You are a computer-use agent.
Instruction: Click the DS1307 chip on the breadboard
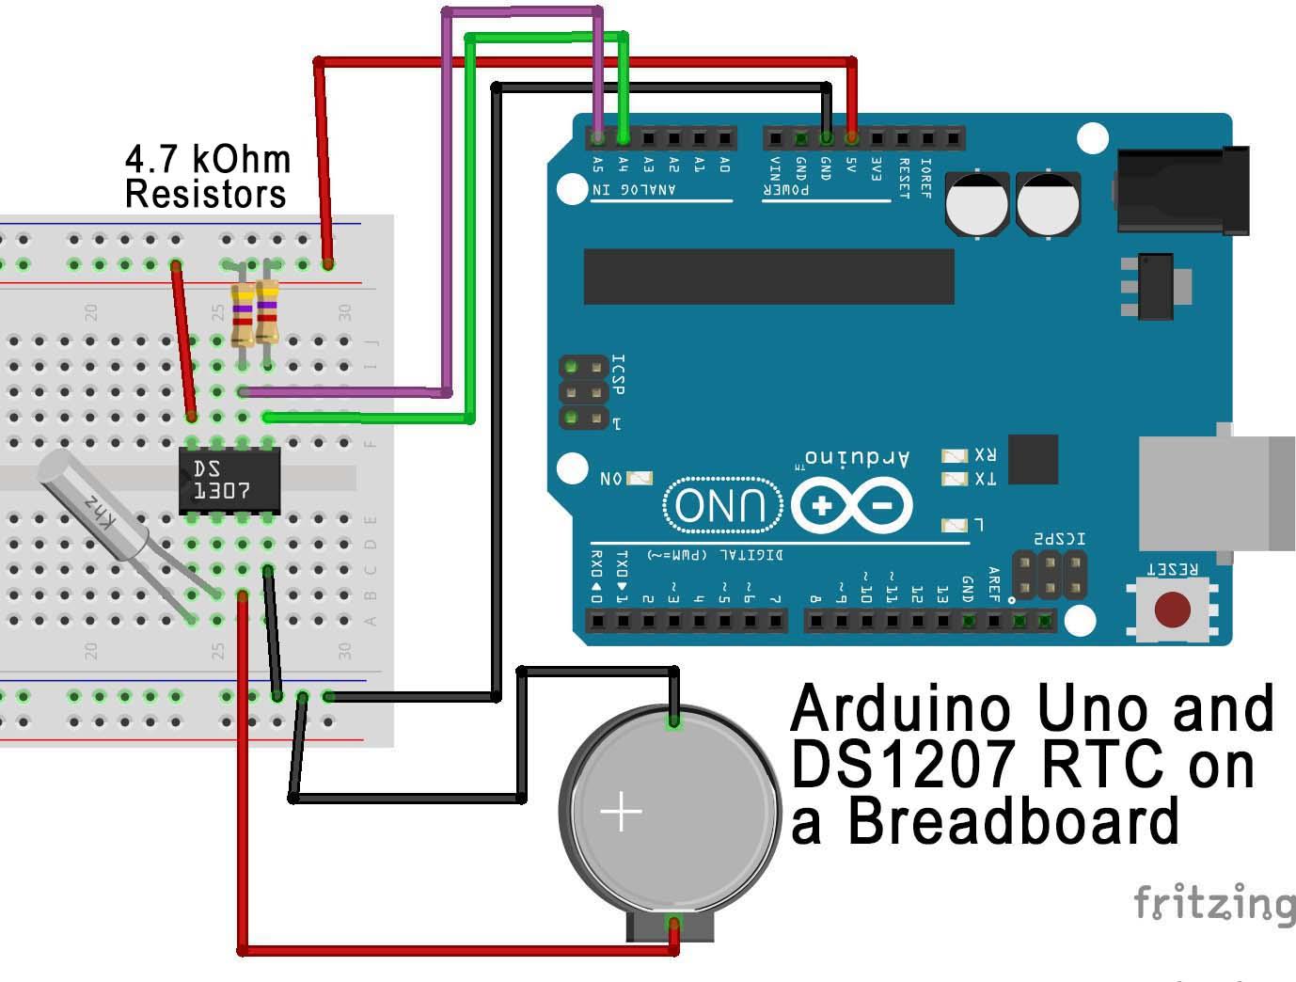point(229,480)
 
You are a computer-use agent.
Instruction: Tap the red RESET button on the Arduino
point(1172,610)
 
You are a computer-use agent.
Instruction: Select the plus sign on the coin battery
point(621,811)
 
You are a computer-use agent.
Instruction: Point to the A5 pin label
point(598,166)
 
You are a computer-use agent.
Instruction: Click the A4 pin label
point(624,166)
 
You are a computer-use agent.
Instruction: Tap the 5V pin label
point(851,166)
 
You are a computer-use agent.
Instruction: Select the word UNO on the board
point(722,505)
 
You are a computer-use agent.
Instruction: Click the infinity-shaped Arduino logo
point(852,505)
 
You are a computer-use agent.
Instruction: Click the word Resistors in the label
point(206,195)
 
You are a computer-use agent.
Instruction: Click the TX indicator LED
point(955,480)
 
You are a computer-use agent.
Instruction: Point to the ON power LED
point(639,479)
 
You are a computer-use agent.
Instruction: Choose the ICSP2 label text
point(1059,539)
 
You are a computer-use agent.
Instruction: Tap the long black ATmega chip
point(768,277)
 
